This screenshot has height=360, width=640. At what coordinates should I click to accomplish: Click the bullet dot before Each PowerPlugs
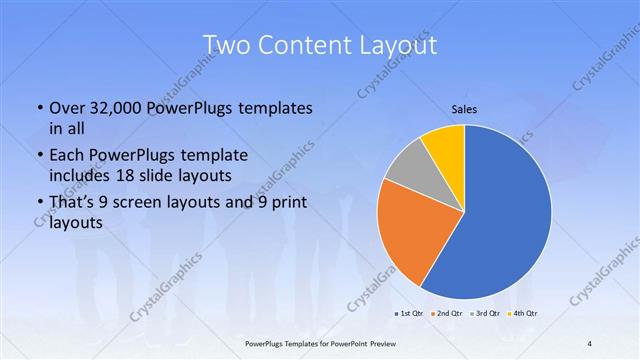coord(38,155)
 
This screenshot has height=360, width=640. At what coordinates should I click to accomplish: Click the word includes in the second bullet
coord(83,175)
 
